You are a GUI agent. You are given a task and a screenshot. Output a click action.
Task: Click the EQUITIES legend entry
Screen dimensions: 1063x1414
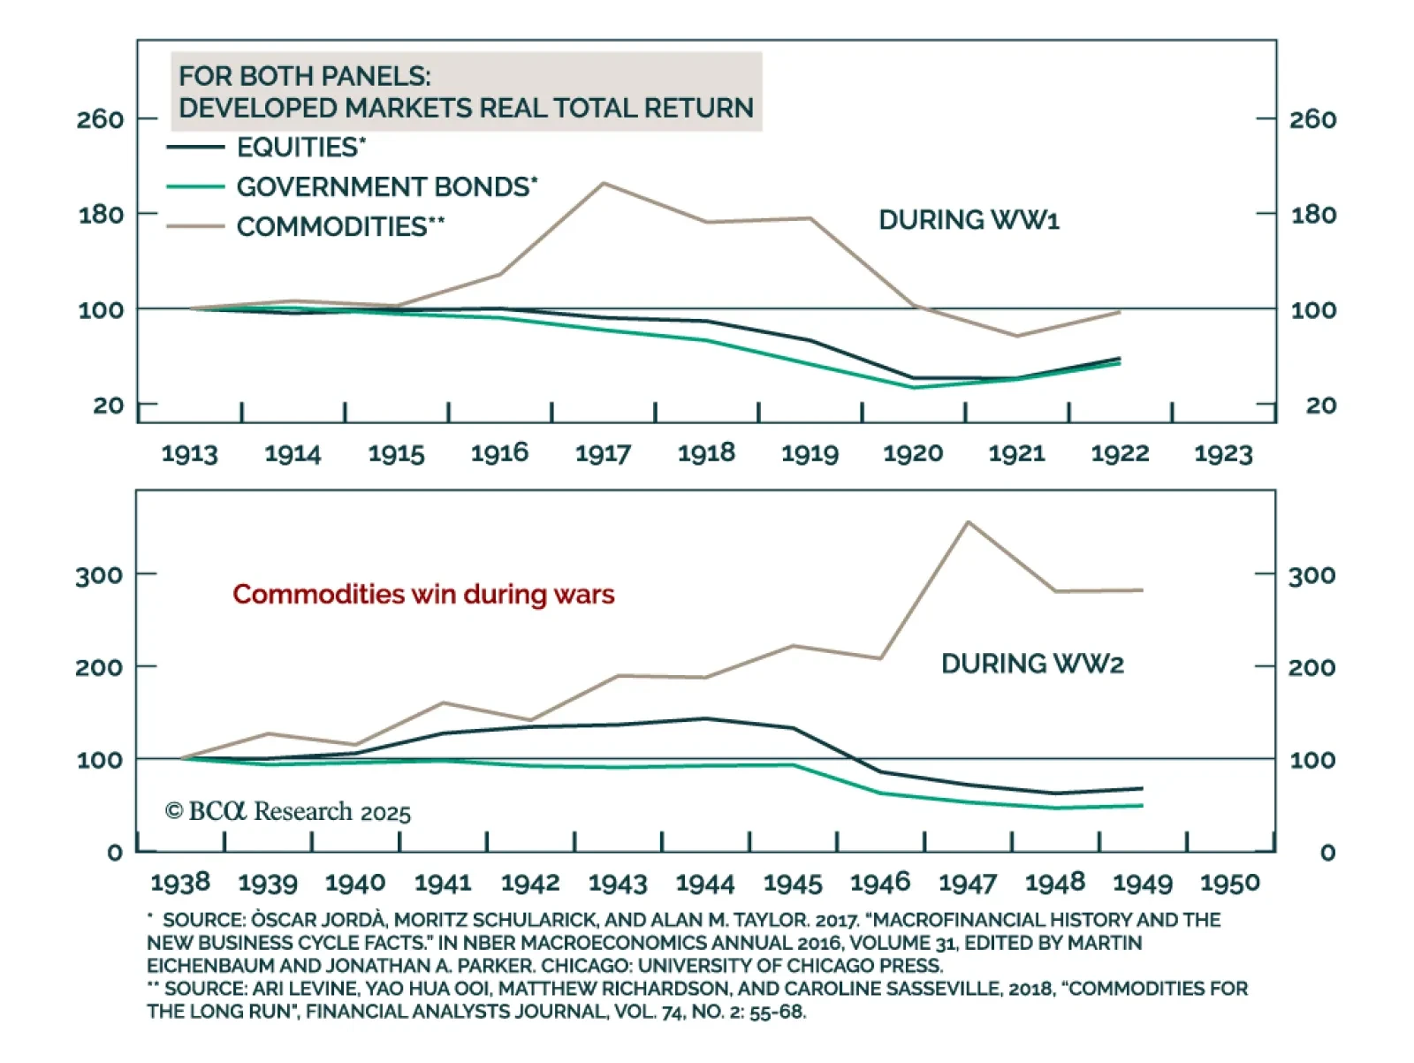300,147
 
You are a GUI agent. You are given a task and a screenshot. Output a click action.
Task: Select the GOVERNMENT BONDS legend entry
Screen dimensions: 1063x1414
386,187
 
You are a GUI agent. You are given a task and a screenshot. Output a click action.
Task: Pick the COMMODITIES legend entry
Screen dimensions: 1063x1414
340,227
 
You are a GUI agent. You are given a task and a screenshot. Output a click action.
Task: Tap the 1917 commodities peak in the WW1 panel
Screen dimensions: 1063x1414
604,184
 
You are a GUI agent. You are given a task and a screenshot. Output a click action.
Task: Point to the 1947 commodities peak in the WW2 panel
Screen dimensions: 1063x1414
968,522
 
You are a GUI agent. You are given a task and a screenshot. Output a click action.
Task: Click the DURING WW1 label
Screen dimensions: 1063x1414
969,220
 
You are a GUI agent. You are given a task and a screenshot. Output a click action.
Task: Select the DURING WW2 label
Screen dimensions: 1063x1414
1032,664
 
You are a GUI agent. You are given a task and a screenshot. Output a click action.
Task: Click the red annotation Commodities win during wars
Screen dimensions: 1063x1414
423,594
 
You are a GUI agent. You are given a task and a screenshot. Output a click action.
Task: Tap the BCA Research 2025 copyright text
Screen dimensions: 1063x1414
288,811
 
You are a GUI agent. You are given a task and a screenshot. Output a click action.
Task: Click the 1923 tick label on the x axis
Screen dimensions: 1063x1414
1223,453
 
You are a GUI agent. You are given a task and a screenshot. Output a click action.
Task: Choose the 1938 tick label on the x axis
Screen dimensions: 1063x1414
180,882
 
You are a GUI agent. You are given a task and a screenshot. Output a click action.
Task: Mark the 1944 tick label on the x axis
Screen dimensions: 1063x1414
705,883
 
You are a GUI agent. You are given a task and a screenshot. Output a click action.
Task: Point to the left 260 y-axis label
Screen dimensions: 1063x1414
100,119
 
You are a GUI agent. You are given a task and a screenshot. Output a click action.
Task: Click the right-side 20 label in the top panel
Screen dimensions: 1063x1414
1320,406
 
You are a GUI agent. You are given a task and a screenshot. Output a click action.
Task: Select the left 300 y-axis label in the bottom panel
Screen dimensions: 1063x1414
99,575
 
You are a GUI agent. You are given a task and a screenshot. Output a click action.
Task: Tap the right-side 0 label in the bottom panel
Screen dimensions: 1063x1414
1327,853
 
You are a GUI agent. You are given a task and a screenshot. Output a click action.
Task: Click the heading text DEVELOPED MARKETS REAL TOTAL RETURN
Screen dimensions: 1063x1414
466,108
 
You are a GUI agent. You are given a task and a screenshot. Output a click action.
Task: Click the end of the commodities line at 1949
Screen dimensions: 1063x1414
1143,590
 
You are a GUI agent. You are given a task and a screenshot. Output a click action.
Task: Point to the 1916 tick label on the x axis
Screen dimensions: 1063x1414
499,453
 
